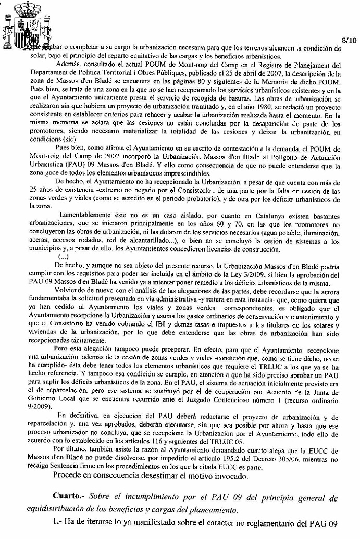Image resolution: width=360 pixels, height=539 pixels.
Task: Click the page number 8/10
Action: click(x=349, y=40)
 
